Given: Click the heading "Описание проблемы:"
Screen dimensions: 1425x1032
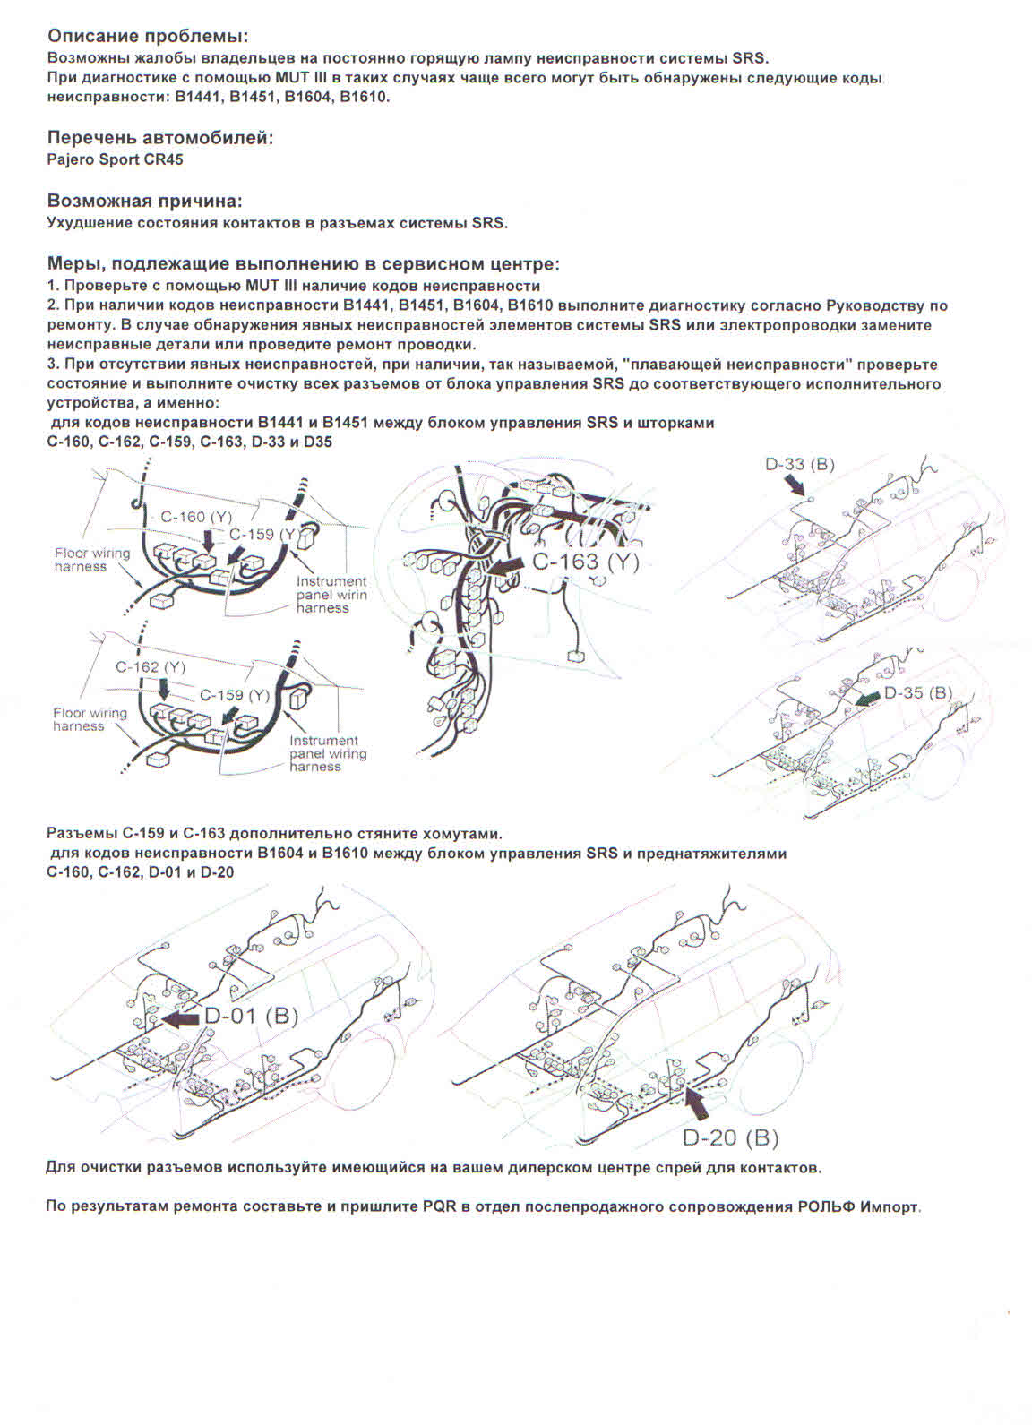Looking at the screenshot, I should click(x=147, y=37).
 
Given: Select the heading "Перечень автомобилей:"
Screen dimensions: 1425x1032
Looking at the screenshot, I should click(x=159, y=138).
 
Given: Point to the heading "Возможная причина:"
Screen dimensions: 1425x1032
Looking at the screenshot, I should click(x=144, y=201).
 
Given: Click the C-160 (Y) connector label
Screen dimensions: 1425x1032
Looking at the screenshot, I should click(x=195, y=517).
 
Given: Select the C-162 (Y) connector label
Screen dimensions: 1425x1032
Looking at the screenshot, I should click(x=150, y=667).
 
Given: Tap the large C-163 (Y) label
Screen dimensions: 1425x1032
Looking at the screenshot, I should click(x=586, y=562).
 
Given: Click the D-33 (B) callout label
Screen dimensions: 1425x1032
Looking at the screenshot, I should click(x=800, y=464).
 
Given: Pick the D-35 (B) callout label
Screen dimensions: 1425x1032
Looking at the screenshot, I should click(x=918, y=692).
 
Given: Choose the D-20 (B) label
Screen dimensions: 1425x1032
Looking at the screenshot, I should click(x=730, y=1137).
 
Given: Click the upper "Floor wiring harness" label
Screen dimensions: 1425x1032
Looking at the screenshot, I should click(x=91, y=560).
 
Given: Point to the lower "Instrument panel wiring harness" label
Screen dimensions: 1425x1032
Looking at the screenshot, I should click(x=328, y=753).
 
